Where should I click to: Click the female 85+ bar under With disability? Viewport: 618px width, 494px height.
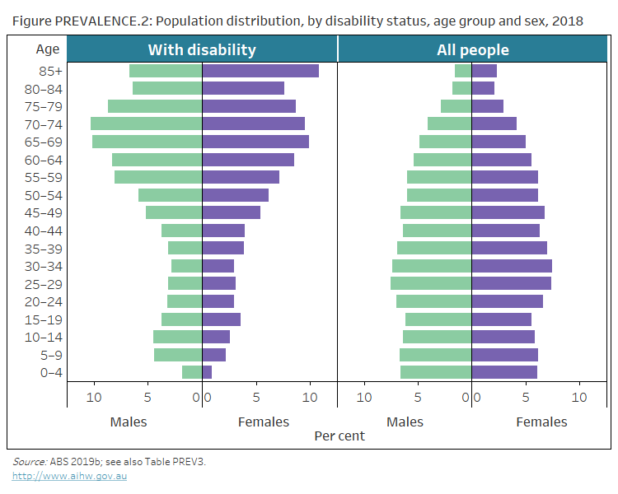pyautogui.click(x=260, y=71)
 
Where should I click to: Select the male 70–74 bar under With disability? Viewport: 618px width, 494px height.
pyautogui.click(x=146, y=123)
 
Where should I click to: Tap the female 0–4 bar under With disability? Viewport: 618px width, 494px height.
pyautogui.click(x=207, y=372)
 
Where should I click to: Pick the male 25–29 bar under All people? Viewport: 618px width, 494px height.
pyautogui.click(x=431, y=283)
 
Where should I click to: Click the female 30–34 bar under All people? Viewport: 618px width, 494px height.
pyautogui.click(x=511, y=266)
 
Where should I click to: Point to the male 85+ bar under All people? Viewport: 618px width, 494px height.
pyautogui.click(x=463, y=71)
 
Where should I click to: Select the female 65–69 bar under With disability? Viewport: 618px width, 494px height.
pyautogui.click(x=255, y=142)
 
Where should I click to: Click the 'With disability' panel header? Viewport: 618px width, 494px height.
pyautogui.click(x=202, y=49)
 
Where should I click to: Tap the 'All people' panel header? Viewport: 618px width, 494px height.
pyautogui.click(x=472, y=49)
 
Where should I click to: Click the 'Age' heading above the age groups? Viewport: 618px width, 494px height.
pyautogui.click(x=48, y=49)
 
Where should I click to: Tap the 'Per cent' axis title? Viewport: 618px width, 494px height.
pyautogui.click(x=339, y=436)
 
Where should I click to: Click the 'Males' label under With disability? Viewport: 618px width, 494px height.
pyautogui.click(x=129, y=422)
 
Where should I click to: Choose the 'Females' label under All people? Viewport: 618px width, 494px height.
pyautogui.click(x=541, y=422)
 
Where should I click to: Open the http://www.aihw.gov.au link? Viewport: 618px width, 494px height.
pyautogui.click(x=69, y=476)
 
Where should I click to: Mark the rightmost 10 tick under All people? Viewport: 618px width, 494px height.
pyautogui.click(x=579, y=398)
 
